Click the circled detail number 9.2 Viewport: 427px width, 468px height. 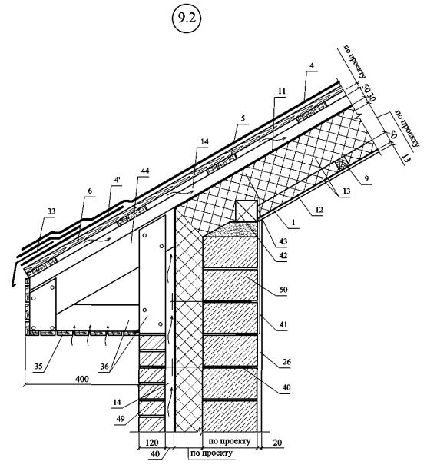[187, 18]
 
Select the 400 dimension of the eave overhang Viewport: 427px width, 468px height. [81, 379]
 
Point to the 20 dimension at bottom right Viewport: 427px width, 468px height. [277, 442]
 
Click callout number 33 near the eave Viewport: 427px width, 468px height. [51, 211]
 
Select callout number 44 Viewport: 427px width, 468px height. [144, 171]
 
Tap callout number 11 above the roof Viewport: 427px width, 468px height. [282, 91]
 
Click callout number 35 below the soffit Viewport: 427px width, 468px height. [38, 366]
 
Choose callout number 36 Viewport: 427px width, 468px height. [104, 366]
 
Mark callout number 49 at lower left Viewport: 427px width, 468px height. [120, 419]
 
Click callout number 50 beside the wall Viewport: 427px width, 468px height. [283, 290]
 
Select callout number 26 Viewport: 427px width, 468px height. [286, 362]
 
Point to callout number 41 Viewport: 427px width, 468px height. [283, 324]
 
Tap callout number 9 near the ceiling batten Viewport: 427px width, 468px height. [366, 178]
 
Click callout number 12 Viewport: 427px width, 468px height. [319, 210]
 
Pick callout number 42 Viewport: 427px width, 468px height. [283, 255]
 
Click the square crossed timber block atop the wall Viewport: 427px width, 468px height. [247, 211]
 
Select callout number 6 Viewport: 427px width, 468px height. [90, 191]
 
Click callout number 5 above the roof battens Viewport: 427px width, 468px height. [243, 118]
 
